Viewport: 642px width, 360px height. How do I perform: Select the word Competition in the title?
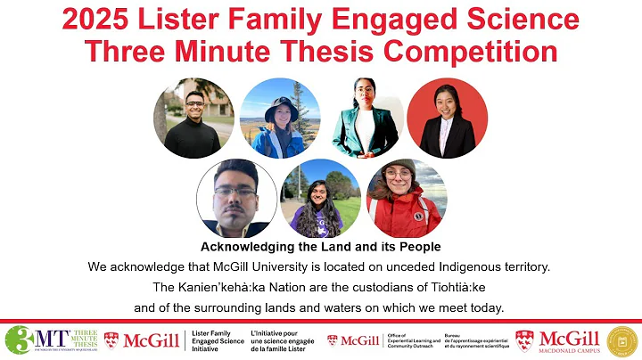pos(482,50)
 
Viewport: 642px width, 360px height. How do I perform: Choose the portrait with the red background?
pos(448,119)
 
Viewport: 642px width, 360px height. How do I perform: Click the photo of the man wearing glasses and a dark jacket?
pos(236,198)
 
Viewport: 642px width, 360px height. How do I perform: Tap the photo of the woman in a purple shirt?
pos(320,199)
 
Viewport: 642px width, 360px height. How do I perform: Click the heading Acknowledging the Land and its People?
pos(320,246)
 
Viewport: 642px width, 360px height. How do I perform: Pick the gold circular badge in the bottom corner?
pos(621,340)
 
